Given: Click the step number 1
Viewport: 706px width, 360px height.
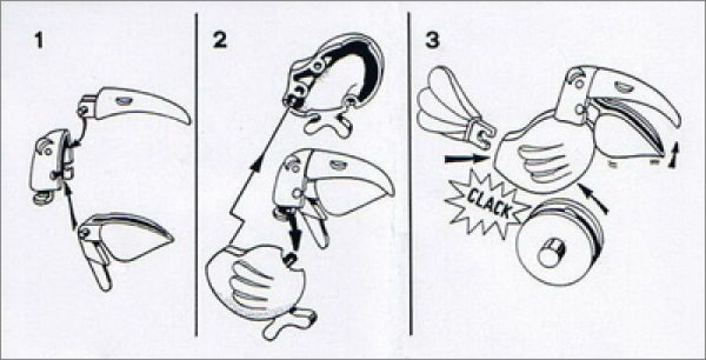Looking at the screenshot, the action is point(38,41).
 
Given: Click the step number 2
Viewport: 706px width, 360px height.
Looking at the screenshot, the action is point(220,41).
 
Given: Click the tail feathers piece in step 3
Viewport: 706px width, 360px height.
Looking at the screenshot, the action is point(455,108).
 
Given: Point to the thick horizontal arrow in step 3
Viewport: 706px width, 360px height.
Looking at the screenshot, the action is point(467,159).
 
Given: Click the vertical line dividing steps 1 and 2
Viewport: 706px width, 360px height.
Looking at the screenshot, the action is point(196,175).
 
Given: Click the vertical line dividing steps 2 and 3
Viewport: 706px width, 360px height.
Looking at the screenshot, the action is point(409,173).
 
